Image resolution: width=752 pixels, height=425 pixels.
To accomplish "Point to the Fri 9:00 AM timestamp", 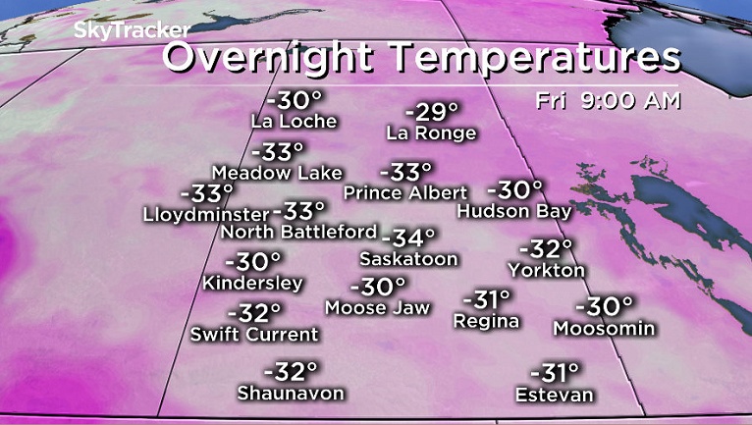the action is (608, 99).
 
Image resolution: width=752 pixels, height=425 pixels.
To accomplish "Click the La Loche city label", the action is (294, 122).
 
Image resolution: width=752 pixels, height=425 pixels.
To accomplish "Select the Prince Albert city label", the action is (401, 192).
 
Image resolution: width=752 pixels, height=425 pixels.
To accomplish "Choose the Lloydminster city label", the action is (205, 213).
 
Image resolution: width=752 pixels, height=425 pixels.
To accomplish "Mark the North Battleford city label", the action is (298, 233).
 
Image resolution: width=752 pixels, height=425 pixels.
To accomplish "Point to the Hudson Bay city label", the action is (514, 211).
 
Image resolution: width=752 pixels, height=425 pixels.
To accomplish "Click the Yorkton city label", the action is (547, 269).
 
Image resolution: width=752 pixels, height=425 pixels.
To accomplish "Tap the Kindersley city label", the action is (252, 283).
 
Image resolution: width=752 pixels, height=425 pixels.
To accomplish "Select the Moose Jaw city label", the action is (378, 308).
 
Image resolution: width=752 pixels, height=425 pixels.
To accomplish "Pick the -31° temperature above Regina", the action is (487, 298).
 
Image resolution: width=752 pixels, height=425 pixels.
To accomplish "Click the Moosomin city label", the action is (604, 328).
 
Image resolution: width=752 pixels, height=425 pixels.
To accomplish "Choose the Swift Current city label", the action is (254, 334).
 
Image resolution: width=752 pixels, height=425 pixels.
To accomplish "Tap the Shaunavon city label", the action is (291, 393).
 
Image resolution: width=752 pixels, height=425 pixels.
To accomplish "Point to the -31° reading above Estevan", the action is (556, 373).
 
